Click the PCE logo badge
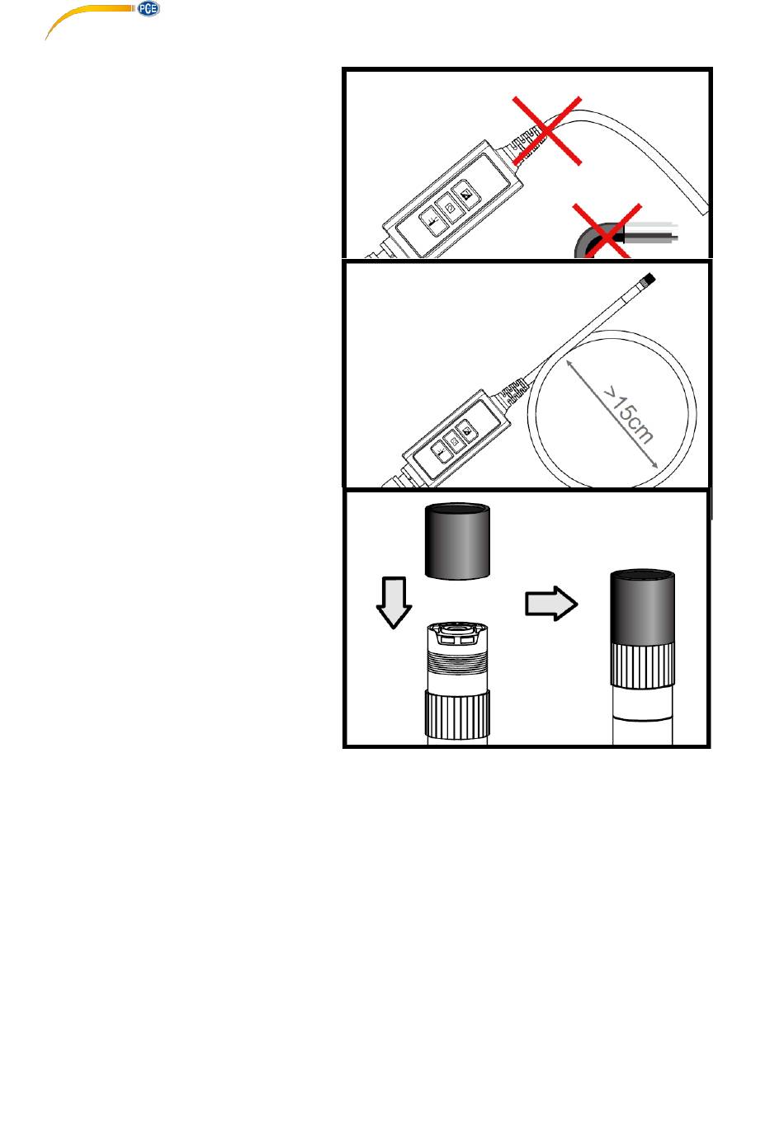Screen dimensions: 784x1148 [x=149, y=9]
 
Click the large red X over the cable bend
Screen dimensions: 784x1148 [x=547, y=130]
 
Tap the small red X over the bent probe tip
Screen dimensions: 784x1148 [x=607, y=231]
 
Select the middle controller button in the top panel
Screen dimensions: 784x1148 [x=451, y=209]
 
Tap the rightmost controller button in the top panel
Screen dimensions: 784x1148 [x=466, y=195]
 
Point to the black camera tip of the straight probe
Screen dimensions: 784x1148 [x=647, y=280]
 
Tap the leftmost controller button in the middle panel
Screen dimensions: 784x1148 [x=439, y=451]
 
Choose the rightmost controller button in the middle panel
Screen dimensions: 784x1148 [x=466, y=430]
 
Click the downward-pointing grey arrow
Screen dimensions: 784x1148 [x=394, y=602]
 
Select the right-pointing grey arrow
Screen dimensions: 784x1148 [x=551, y=603]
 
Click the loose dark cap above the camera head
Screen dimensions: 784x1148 [x=457, y=541]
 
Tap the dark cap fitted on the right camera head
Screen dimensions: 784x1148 [x=642, y=606]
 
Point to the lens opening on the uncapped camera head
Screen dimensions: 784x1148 [x=457, y=628]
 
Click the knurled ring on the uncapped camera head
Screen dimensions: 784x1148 [x=457, y=714]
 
